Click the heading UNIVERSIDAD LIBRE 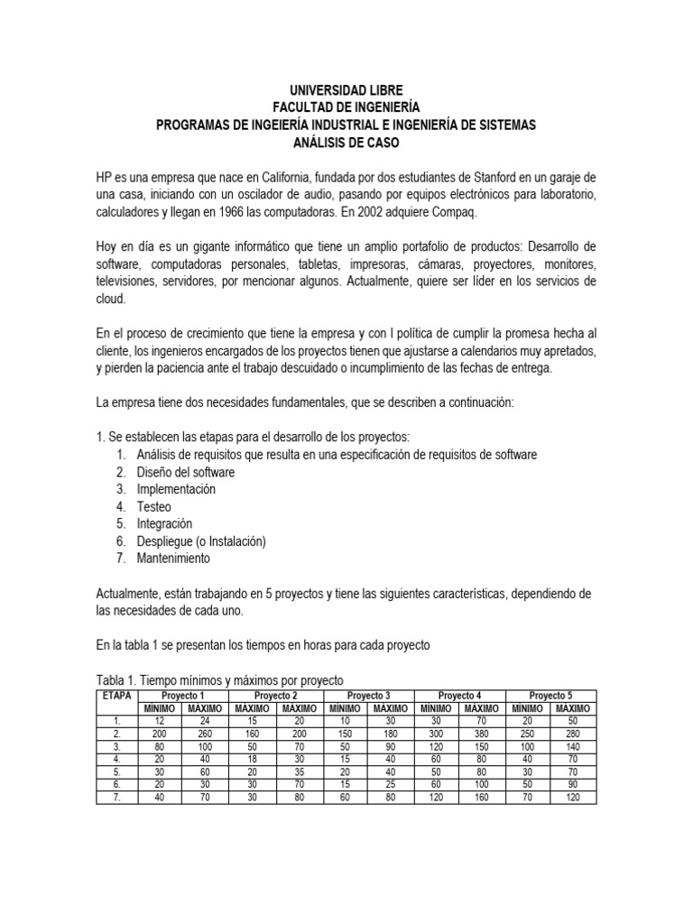tap(346, 90)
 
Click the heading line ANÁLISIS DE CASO tap(346, 142)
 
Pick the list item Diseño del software tap(185, 472)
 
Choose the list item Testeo tap(153, 506)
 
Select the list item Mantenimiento tap(173, 558)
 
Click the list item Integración tap(164, 523)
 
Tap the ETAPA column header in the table tap(116, 696)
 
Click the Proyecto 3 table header tap(368, 696)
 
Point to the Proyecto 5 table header tap(550, 696)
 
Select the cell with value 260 tap(205, 735)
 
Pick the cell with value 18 tap(253, 761)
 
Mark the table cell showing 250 tap(528, 735)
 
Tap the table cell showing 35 tap(299, 773)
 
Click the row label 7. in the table tap(116, 799)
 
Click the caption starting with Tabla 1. tap(220, 679)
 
